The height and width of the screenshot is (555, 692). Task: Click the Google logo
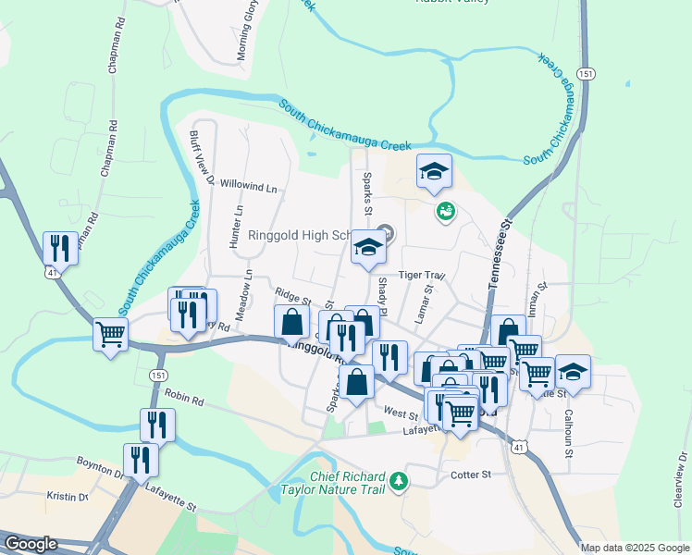[x=31, y=544]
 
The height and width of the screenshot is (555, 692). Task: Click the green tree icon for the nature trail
[x=399, y=481]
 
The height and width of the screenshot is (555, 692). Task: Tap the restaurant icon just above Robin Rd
[x=157, y=425]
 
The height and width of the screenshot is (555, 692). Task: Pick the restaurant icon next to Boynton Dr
[x=140, y=460]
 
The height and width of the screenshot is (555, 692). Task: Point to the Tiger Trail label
[x=422, y=275]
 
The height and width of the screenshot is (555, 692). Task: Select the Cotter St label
[x=471, y=475]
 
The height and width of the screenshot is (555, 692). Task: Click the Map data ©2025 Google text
[x=634, y=547]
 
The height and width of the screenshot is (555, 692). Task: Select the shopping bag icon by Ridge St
[x=291, y=322]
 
